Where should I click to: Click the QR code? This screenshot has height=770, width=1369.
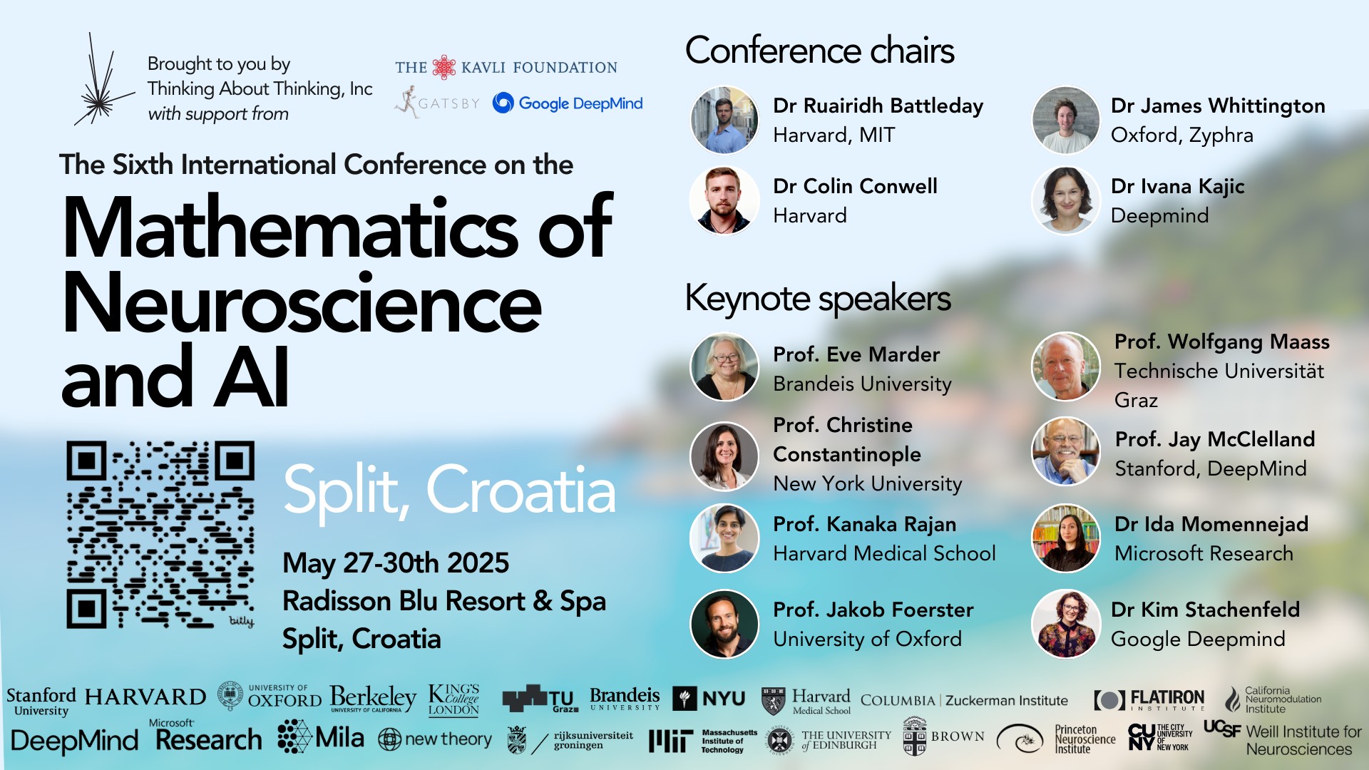click(160, 535)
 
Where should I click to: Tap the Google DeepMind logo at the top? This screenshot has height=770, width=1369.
click(568, 103)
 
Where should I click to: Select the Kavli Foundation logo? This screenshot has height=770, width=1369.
click(506, 67)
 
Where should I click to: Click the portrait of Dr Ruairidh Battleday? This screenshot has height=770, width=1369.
click(724, 120)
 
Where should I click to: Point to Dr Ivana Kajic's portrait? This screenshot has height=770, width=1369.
click(1066, 200)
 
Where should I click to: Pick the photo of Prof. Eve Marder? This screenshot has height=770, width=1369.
click(724, 367)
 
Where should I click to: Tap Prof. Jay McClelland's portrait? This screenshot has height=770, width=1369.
click(1066, 451)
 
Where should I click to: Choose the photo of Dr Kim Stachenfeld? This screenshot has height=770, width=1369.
click(1066, 624)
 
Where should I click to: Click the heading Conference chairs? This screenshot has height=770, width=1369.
click(820, 51)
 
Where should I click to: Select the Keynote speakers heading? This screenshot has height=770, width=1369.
click(818, 298)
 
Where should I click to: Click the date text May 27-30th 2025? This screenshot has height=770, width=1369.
click(396, 563)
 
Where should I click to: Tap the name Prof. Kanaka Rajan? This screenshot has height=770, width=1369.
click(865, 525)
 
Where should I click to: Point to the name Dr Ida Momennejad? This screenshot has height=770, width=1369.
click(1211, 525)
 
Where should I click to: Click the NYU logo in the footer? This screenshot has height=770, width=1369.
click(709, 699)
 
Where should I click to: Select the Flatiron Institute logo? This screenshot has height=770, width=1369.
click(1149, 699)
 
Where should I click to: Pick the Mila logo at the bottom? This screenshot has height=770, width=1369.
click(321, 737)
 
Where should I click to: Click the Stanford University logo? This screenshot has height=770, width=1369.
click(41, 702)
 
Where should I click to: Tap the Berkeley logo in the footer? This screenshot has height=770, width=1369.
click(373, 699)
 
